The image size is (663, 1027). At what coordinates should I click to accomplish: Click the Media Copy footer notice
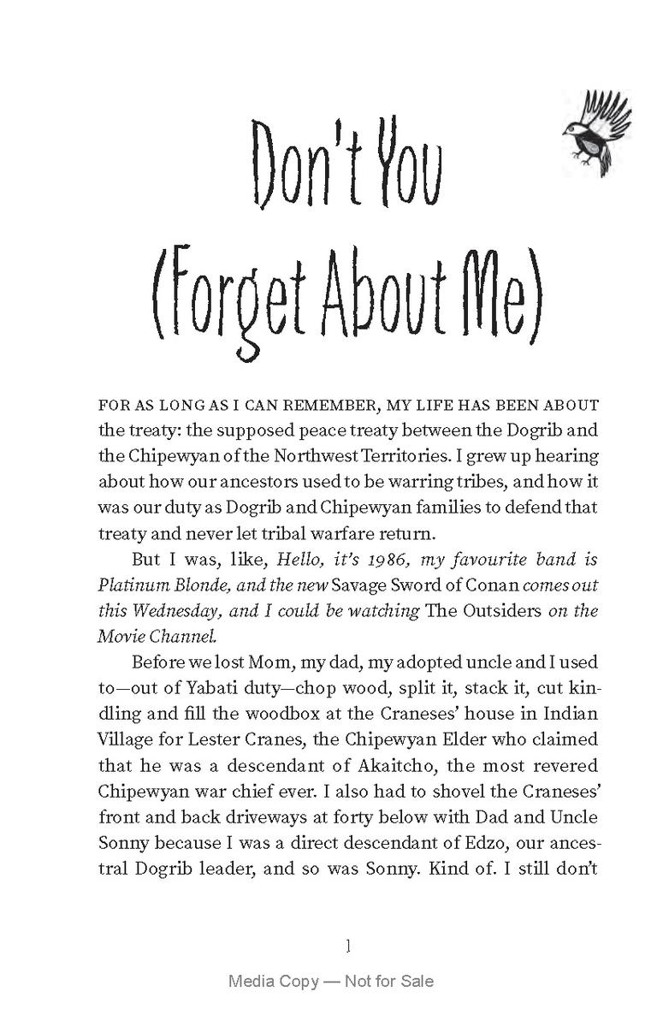coord(331,981)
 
